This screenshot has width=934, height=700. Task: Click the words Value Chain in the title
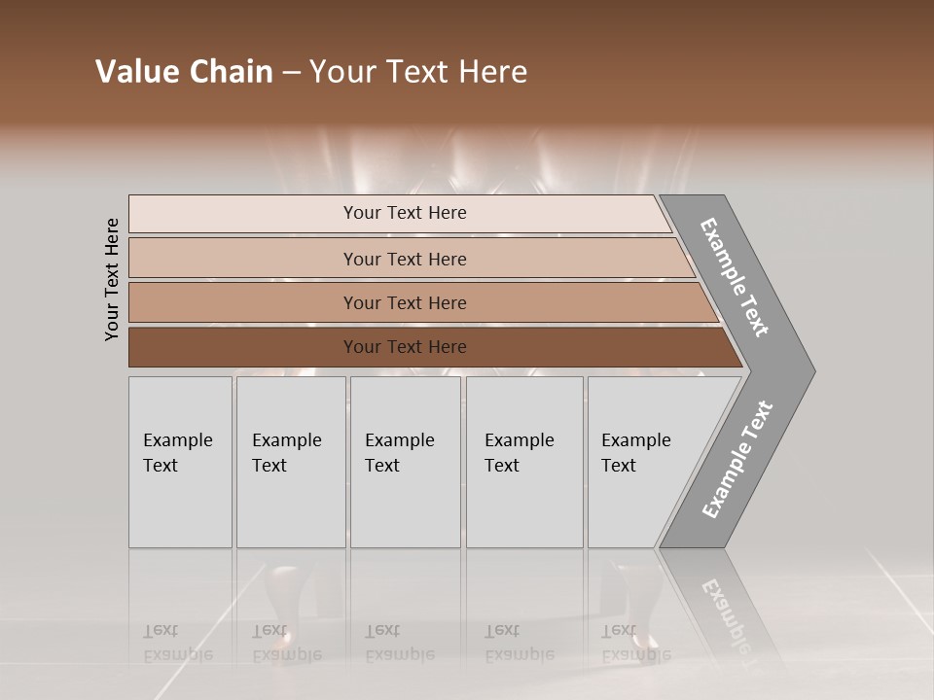(184, 72)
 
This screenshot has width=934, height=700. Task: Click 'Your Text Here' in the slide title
(418, 72)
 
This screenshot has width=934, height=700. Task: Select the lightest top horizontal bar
(243, 214)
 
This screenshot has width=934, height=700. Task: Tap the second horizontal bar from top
(243, 259)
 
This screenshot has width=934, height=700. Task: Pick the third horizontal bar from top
(243, 303)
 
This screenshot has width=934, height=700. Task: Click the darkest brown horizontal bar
(243, 347)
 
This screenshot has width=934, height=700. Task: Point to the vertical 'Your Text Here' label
(112, 280)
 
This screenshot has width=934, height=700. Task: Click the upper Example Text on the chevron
(735, 277)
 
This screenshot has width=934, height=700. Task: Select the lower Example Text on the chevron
(736, 460)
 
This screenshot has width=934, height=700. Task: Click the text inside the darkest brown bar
(405, 347)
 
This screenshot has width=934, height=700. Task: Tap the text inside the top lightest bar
(405, 213)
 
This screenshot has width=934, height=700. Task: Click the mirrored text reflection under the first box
(177, 643)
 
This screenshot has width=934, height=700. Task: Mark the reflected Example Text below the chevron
(728, 612)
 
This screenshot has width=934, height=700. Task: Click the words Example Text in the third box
(399, 453)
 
